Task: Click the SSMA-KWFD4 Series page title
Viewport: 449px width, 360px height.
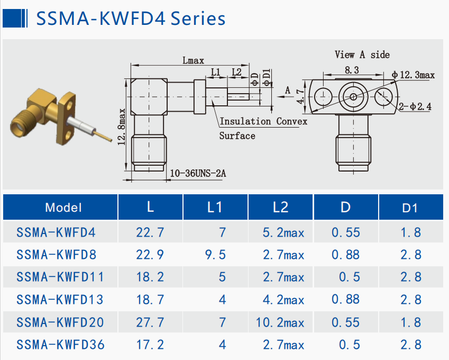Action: [x=130, y=19]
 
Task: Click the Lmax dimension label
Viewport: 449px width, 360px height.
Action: [x=193, y=60]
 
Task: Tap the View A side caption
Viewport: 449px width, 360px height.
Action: [x=362, y=55]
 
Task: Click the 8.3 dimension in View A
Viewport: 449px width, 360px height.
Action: [x=352, y=70]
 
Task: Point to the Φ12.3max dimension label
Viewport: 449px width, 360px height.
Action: [x=414, y=75]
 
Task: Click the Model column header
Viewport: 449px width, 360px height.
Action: [x=63, y=207]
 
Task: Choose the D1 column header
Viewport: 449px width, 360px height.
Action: [x=410, y=208]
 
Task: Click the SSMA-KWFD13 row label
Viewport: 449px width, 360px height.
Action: [x=60, y=300]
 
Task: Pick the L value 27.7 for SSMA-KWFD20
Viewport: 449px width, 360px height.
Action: [x=150, y=322]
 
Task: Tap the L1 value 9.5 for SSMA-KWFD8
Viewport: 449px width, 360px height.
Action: [x=215, y=255]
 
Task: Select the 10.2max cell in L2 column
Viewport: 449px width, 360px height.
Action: [x=283, y=322]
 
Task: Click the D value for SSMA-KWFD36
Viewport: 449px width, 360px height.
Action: [x=346, y=345]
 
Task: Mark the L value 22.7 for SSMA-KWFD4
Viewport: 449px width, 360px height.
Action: [x=150, y=232]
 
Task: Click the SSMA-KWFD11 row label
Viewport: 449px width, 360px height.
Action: [x=60, y=277]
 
